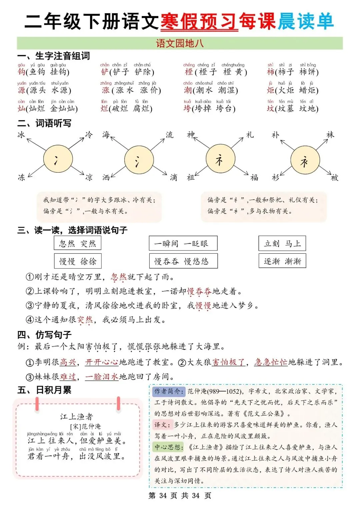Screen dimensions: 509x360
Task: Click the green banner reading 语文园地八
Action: [180, 43]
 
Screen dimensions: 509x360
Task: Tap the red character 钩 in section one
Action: [21, 72]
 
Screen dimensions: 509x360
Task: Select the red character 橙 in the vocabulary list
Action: [189, 72]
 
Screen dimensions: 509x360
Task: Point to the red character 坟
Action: [270, 108]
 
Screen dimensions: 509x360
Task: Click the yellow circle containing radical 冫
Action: [58, 160]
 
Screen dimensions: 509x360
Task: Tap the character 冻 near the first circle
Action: [21, 177]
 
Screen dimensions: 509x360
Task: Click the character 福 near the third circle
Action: [254, 177]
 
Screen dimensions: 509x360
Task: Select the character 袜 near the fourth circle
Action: [330, 135]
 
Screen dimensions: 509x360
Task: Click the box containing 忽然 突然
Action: [77, 243]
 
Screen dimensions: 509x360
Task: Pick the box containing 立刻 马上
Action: [282, 243]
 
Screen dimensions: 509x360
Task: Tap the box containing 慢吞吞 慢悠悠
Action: [183, 261]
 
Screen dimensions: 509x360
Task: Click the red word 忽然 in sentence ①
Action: [119, 277]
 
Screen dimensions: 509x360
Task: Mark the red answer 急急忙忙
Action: [271, 362]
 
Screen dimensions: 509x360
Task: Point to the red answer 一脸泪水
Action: [102, 377]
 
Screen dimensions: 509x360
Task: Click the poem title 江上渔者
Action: [77, 416]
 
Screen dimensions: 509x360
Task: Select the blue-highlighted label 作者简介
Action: [168, 391]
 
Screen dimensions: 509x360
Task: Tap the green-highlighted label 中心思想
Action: [169, 447]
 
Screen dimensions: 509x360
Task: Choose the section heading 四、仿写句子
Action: [44, 334]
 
